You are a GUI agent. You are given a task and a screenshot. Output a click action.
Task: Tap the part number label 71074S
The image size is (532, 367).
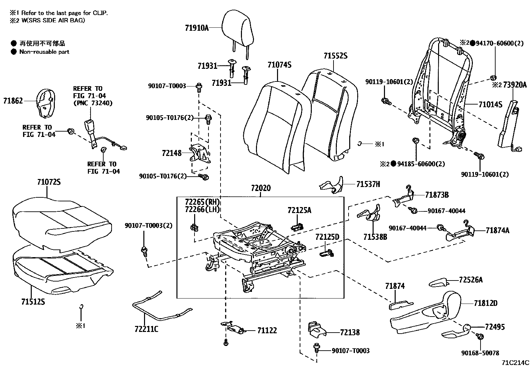[279, 65]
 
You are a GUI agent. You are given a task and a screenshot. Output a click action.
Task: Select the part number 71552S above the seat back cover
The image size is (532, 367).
[335, 56]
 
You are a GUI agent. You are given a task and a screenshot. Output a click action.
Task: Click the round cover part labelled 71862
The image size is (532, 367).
[45, 103]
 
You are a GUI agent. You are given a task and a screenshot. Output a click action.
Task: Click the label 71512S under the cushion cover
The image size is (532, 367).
[33, 302]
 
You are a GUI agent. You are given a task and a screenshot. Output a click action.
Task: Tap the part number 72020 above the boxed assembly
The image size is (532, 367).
[261, 188]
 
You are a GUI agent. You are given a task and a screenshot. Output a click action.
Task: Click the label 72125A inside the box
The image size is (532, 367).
[299, 210]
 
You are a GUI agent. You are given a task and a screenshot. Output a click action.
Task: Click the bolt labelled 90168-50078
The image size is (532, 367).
[480, 337]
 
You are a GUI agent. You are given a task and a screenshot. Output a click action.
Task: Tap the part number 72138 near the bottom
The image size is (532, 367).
[350, 332]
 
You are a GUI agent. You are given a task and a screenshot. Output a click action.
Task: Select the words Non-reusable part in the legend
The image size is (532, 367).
[44, 52]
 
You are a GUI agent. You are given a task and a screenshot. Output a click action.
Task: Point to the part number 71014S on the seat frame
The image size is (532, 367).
[490, 105]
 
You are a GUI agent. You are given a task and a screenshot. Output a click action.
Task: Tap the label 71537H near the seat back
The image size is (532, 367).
[368, 184]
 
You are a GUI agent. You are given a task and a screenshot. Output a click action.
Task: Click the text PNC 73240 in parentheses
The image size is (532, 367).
[93, 103]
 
